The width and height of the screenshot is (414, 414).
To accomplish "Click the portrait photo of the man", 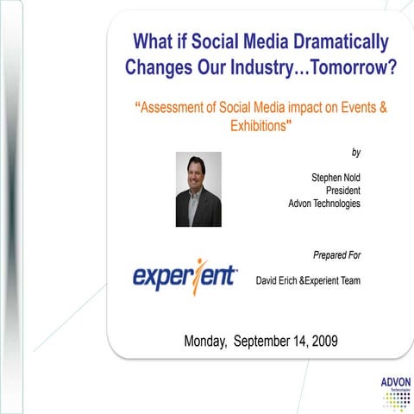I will [198, 189].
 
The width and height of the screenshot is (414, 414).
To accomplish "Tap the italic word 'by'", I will [355, 152].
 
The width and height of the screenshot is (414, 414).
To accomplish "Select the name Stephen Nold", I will [336, 177].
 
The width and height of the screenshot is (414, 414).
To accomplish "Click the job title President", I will [342, 190].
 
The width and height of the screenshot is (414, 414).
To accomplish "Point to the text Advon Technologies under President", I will [324, 204].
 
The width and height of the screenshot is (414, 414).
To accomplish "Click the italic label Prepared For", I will [336, 255].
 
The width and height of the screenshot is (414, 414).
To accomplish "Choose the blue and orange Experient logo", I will [185, 275].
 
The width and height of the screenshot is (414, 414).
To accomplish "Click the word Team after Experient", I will [348, 280].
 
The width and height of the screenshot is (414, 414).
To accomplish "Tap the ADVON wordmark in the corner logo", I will [394, 381].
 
